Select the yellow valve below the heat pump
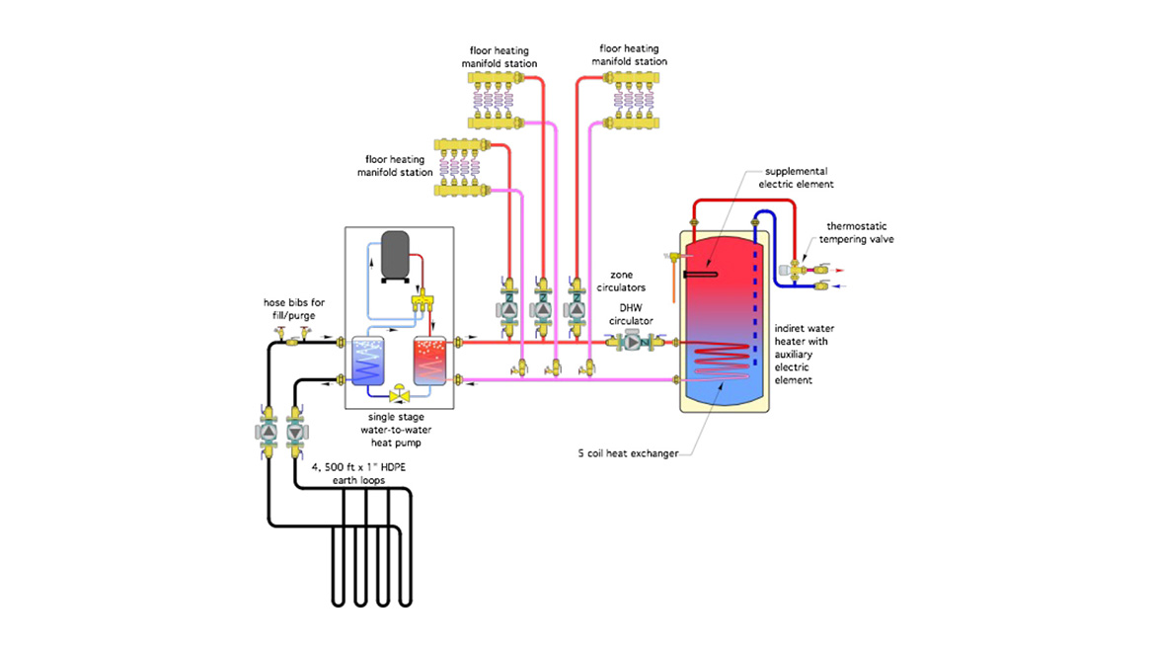(401, 394)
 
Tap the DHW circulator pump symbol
(630, 343)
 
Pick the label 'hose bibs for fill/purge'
(293, 308)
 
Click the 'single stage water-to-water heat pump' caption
(400, 432)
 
